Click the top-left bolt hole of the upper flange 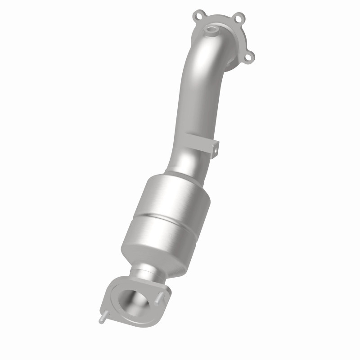point(198,17)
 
